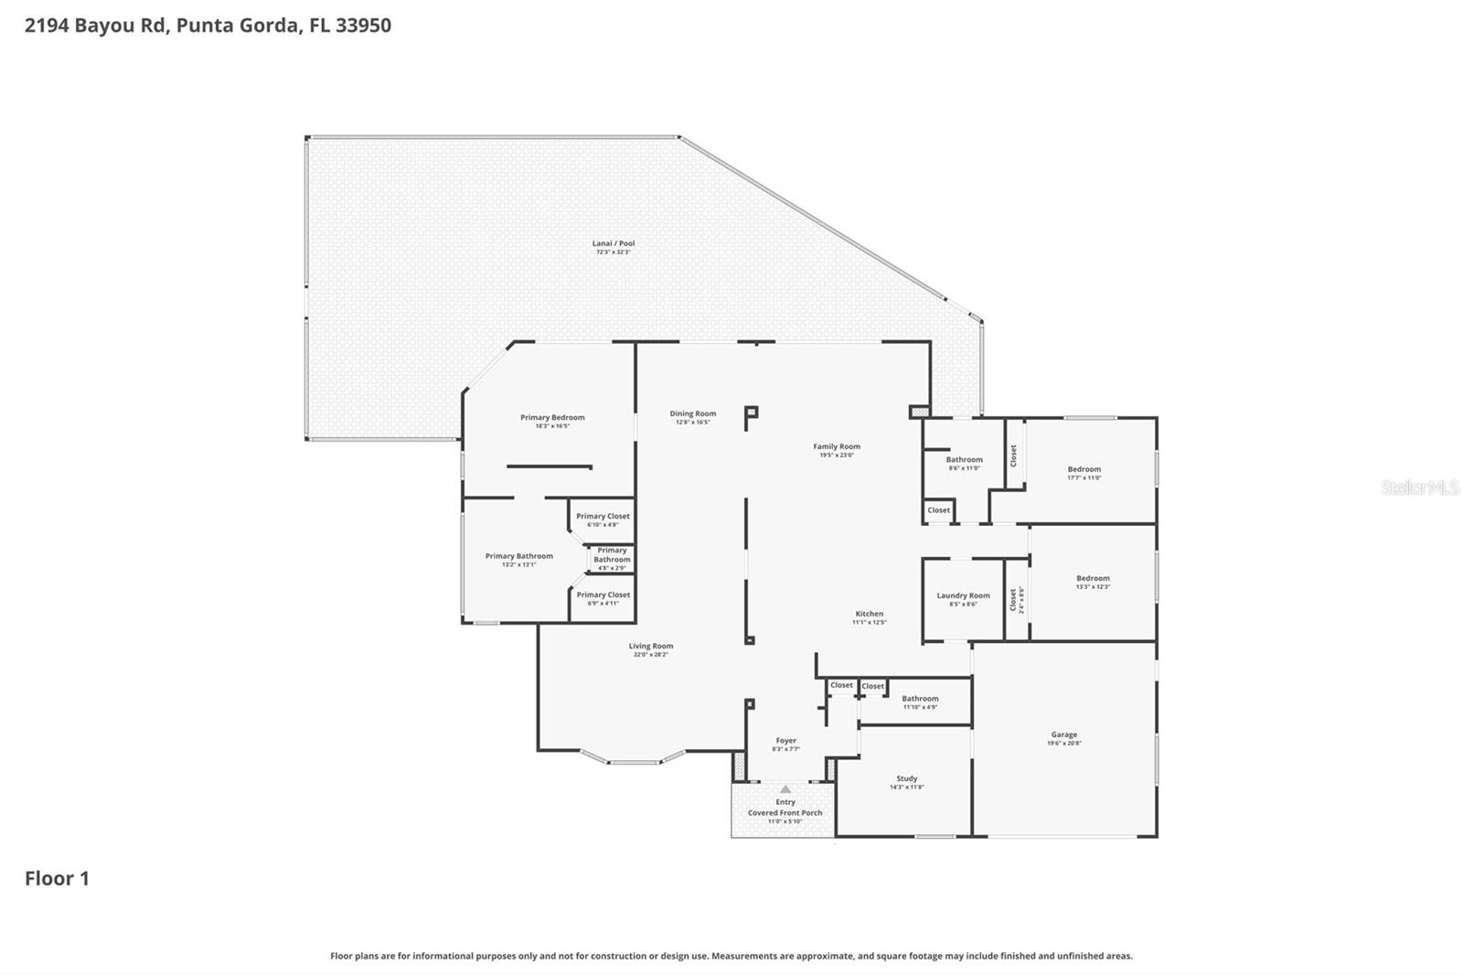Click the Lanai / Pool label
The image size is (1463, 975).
[x=613, y=244]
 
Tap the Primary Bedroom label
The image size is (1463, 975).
[x=552, y=418]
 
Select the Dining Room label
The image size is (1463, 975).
[x=692, y=414]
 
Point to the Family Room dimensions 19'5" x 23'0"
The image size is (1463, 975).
[x=837, y=455]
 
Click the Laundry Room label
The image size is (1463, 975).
[x=963, y=595]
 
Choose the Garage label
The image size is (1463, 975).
[x=1063, y=734]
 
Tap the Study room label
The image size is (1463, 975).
[x=906, y=778]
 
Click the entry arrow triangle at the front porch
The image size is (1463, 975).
[x=785, y=788]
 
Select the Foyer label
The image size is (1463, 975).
[x=785, y=741]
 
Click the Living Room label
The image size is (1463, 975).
[x=650, y=646]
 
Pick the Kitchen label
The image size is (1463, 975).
[x=869, y=614]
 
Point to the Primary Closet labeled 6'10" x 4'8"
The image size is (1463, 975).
[x=603, y=517]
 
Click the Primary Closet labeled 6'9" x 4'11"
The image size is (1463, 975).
[x=603, y=595]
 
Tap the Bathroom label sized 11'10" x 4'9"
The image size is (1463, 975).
[x=920, y=699]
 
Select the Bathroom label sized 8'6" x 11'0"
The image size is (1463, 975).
[x=964, y=460]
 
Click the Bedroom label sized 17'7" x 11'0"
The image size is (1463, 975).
[x=1084, y=469]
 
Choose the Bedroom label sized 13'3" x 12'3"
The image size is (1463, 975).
[x=1093, y=578]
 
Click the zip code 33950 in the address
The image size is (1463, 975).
[x=363, y=26]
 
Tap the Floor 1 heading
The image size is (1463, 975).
[x=57, y=879]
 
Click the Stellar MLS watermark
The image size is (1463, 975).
[x=1419, y=488]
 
